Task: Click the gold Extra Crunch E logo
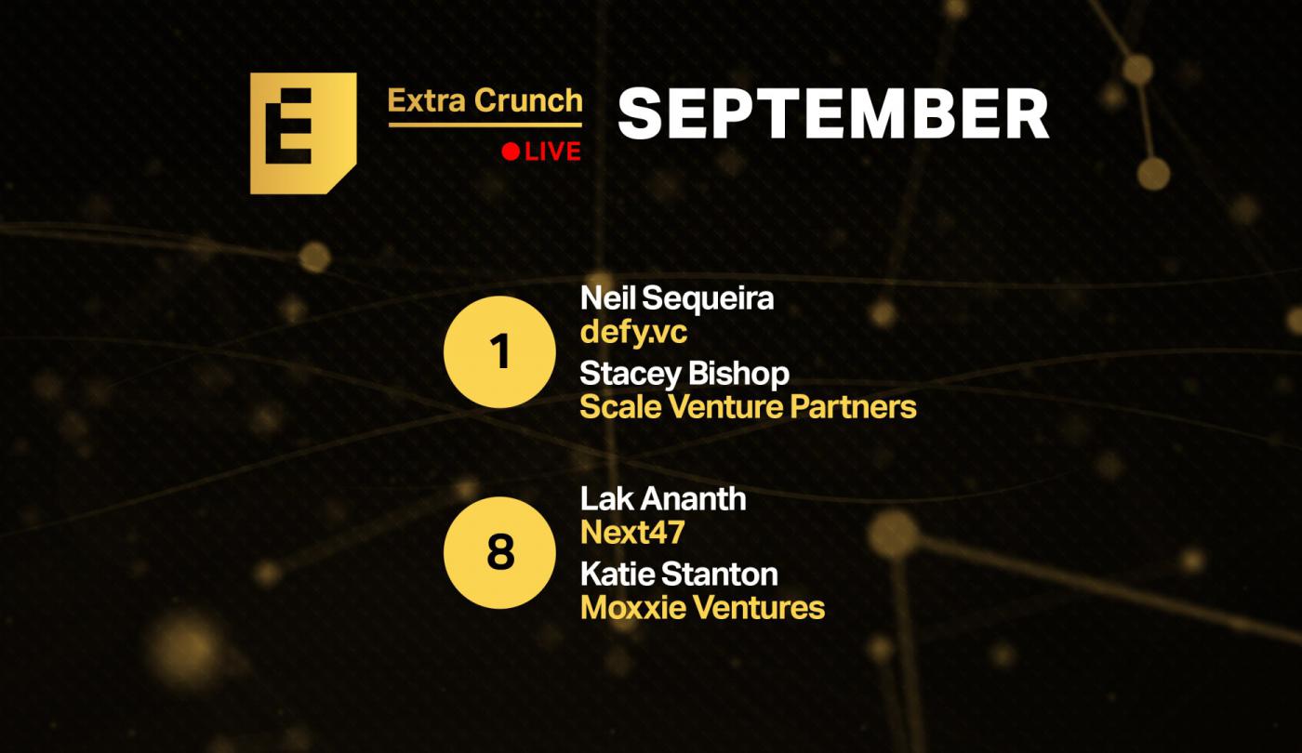[x=303, y=133]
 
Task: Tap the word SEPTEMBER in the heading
[x=833, y=113]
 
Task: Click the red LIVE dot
[x=511, y=152]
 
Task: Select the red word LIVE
[x=552, y=152]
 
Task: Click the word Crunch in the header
[x=528, y=100]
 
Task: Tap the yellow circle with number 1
[x=499, y=351]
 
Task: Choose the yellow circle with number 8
[x=499, y=552]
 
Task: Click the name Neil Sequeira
[x=677, y=298]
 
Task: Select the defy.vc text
[x=633, y=333]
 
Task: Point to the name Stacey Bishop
[x=684, y=374]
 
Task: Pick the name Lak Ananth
[x=663, y=499]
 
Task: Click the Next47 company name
[x=632, y=533]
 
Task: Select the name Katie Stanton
[x=679, y=575]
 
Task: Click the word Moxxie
[x=633, y=608]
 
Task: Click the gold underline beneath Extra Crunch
[x=485, y=125]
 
